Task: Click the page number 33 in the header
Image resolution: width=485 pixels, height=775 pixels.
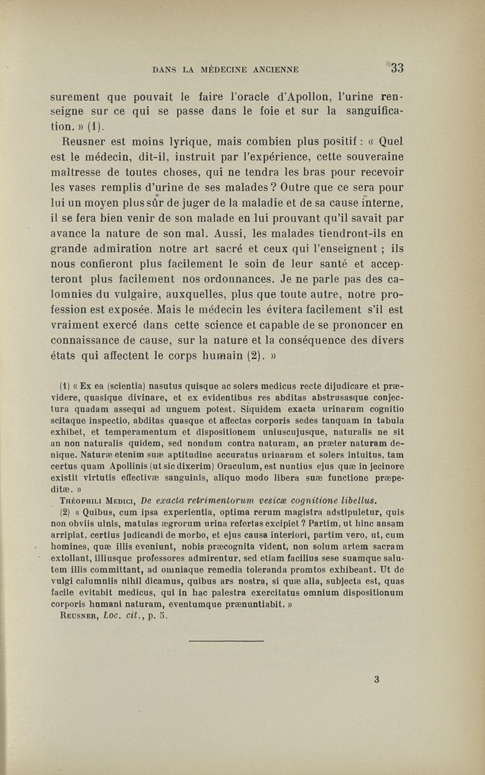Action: pyautogui.click(x=397, y=68)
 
